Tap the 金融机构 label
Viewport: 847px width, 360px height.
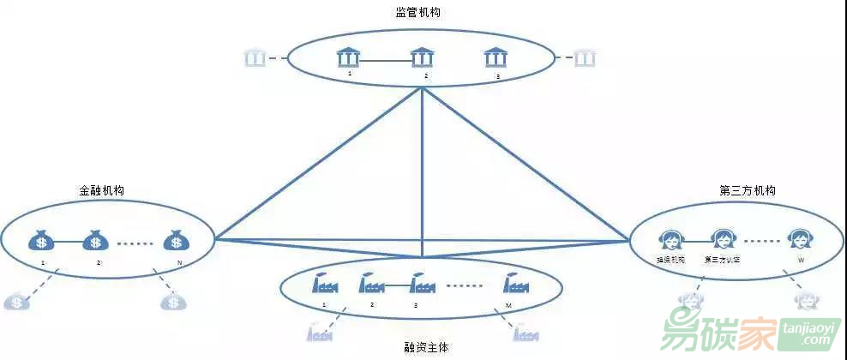pyautogui.click(x=101, y=190)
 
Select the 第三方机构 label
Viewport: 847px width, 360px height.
pyautogui.click(x=748, y=190)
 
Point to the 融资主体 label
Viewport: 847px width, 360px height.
pyautogui.click(x=426, y=348)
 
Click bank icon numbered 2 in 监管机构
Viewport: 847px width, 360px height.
pyautogui.click(x=422, y=58)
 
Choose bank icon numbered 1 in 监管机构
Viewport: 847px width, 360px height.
pyautogui.click(x=347, y=58)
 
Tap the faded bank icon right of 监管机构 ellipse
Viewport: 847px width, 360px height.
pyautogui.click(x=585, y=58)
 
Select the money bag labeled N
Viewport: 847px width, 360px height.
pyautogui.click(x=176, y=241)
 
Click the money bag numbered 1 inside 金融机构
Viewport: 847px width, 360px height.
pyautogui.click(x=41, y=241)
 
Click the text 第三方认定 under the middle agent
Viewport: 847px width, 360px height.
pyautogui.click(x=723, y=259)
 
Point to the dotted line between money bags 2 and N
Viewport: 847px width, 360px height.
pyautogui.click(x=135, y=243)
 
